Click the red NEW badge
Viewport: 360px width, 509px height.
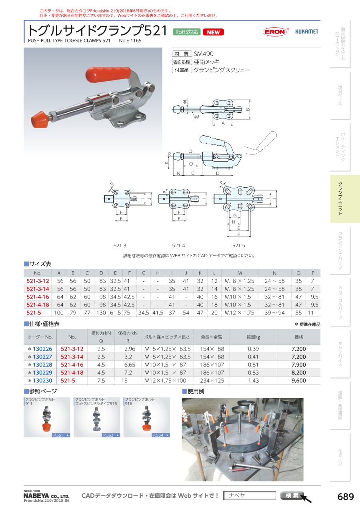213,32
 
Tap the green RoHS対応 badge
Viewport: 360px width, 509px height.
186,32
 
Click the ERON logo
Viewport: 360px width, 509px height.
275,32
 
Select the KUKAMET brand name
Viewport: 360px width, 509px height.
307,32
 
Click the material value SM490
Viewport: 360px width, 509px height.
204,54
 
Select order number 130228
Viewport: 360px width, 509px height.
42,365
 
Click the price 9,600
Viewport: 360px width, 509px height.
299,381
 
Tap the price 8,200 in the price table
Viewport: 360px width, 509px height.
299,373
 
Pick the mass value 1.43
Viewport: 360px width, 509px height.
253,381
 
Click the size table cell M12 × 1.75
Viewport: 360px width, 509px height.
239,313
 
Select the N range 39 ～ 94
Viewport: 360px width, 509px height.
274,313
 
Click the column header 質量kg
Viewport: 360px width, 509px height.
253,337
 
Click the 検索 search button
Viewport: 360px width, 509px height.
292,495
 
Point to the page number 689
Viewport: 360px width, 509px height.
346,497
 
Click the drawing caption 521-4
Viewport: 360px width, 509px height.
178,245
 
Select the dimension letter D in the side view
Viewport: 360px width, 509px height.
218,173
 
